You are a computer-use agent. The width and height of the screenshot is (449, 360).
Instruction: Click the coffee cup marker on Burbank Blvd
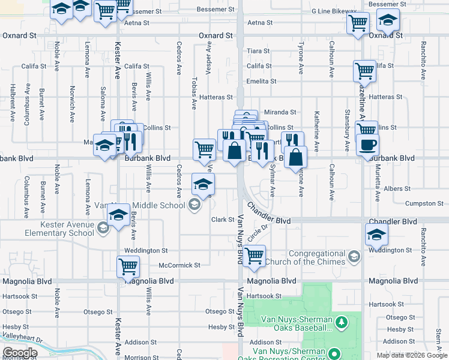(367, 145)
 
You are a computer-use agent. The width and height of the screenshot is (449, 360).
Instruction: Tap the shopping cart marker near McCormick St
(255, 256)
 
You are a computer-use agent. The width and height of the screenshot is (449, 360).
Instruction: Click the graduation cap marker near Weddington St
(376, 235)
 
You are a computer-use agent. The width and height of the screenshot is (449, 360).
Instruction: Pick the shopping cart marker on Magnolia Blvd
(128, 266)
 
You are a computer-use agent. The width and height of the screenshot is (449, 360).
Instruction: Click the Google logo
(19, 353)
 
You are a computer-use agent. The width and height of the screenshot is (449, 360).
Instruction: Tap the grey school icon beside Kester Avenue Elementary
(103, 227)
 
